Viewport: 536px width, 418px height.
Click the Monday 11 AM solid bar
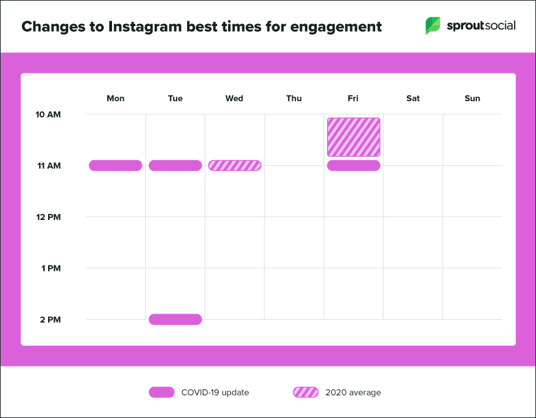pyautogui.click(x=115, y=165)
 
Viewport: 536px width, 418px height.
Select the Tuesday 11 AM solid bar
pyautogui.click(x=175, y=165)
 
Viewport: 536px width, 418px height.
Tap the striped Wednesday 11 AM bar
pyautogui.click(x=234, y=165)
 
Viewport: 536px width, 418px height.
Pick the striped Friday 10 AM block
pyautogui.click(x=353, y=137)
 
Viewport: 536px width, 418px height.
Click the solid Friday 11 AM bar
pyautogui.click(x=353, y=165)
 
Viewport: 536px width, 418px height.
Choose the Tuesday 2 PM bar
pyautogui.click(x=175, y=319)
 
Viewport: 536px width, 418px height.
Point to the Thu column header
pyautogui.click(x=294, y=98)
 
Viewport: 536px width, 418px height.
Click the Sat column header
pyautogui.click(x=413, y=98)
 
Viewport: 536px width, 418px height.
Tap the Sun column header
pyautogui.click(x=472, y=98)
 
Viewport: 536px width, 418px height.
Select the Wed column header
pyautogui.click(x=234, y=98)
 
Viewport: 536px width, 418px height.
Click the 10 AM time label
pyautogui.click(x=48, y=114)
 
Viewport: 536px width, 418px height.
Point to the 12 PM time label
pyautogui.click(x=48, y=217)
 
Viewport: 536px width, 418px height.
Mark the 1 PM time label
pyautogui.click(x=50, y=268)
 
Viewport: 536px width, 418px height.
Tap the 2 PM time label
pyautogui.click(x=50, y=319)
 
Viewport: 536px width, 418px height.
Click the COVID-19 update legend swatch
pyautogui.click(x=161, y=393)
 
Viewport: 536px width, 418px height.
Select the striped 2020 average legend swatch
pyautogui.click(x=306, y=393)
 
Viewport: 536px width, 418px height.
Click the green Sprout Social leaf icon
pyautogui.click(x=433, y=26)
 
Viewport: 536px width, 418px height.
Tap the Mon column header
pyautogui.click(x=115, y=98)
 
